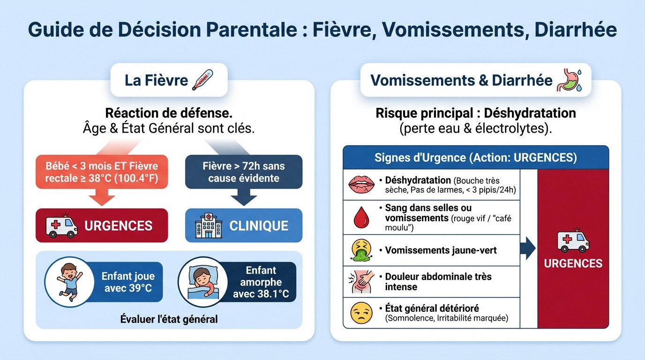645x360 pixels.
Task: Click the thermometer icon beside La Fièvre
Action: point(202,80)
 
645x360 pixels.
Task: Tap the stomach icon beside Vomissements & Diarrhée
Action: point(569,80)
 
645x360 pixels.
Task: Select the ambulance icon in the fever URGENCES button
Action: point(61,225)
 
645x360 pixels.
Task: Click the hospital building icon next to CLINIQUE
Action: point(209,226)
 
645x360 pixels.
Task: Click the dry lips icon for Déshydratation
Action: point(361,184)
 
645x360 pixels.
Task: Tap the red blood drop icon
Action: point(361,217)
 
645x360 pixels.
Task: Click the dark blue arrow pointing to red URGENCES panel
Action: point(528,248)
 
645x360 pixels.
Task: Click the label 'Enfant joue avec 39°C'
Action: point(127,282)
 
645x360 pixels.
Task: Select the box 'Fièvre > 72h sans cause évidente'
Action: point(244,172)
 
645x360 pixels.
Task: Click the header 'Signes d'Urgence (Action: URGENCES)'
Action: point(476,157)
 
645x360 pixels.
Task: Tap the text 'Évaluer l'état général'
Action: point(169,320)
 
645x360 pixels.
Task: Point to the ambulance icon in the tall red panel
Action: point(573,240)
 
